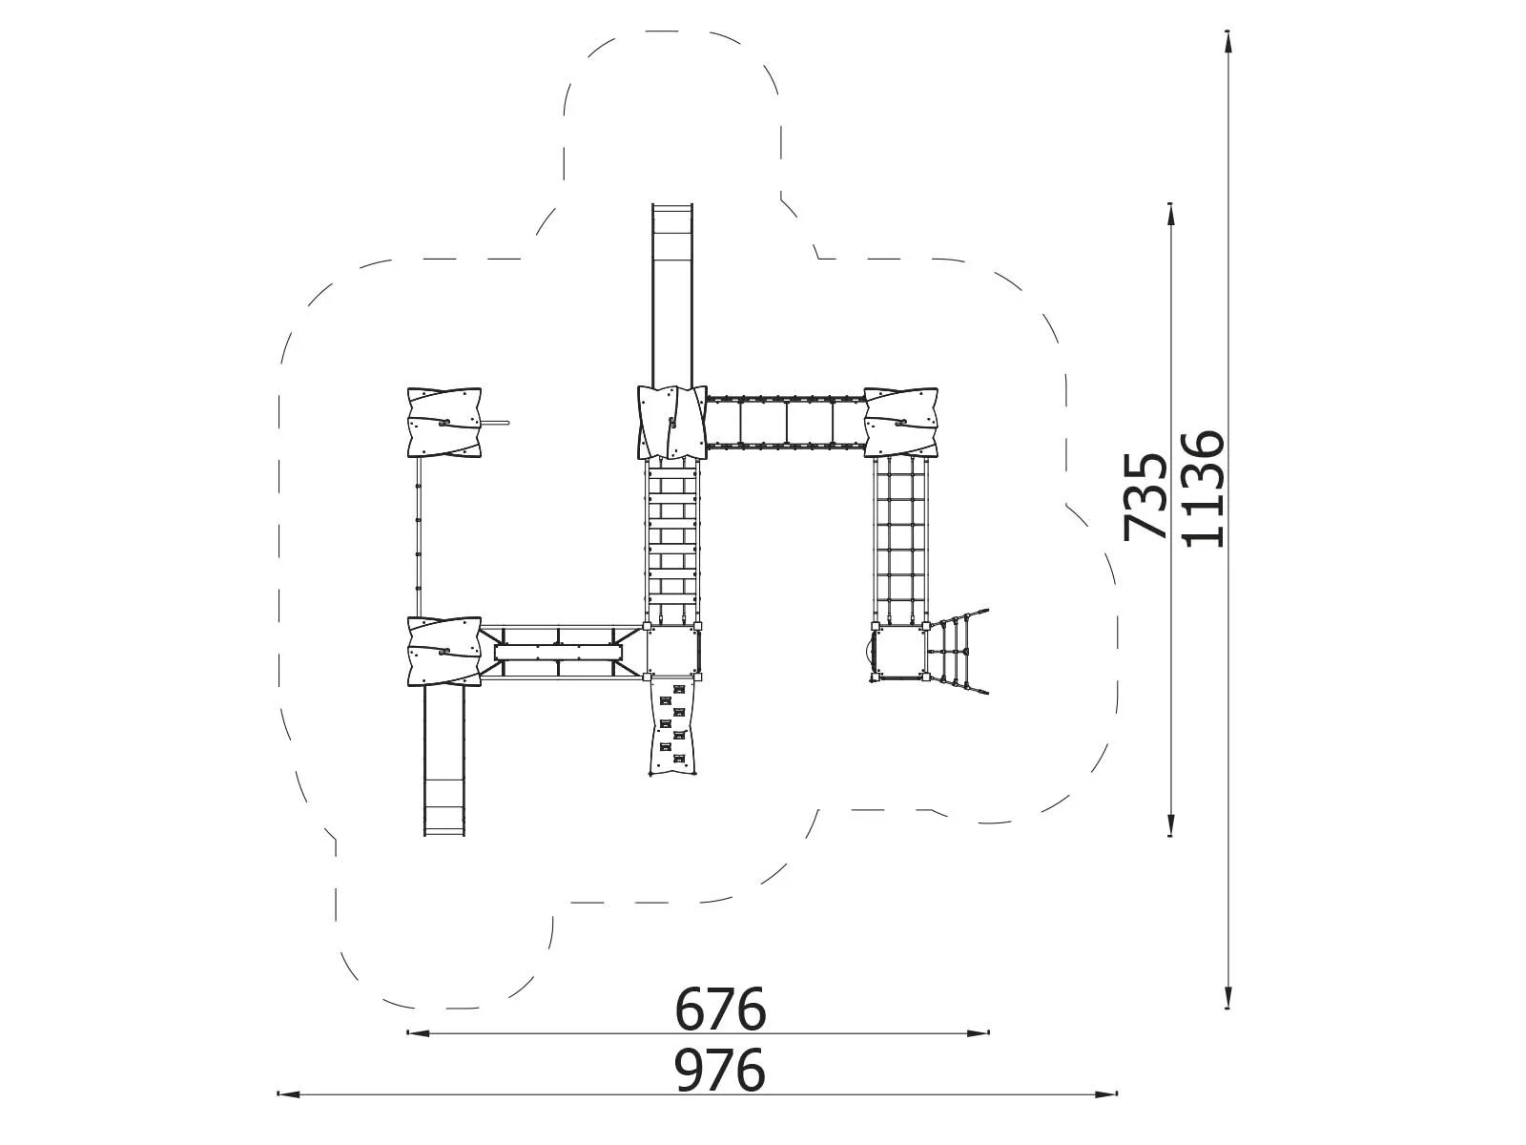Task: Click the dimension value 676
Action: click(720, 1008)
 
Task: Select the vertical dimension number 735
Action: click(1145, 496)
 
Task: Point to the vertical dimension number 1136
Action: click(1203, 489)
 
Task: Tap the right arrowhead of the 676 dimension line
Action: click(979, 1033)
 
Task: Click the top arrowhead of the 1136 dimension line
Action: click(1228, 42)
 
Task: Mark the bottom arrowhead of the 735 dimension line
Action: click(1171, 823)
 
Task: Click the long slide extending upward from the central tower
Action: click(672, 295)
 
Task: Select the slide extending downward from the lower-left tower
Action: click(443, 761)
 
